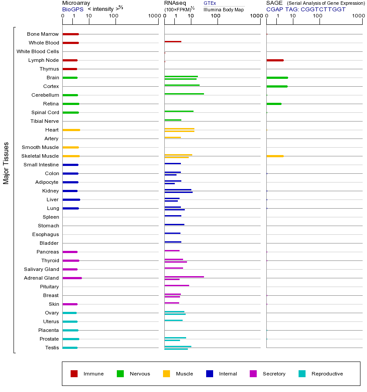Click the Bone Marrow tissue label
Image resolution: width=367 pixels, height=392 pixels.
click(x=43, y=34)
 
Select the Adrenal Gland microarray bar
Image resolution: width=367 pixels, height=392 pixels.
click(x=72, y=278)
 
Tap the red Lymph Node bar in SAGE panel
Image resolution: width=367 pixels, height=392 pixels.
click(x=275, y=60)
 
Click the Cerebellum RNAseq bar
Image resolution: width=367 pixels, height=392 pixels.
click(x=184, y=94)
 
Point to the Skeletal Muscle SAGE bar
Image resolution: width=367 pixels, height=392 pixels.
click(x=275, y=156)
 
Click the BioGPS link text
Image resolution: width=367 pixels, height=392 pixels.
click(x=72, y=9)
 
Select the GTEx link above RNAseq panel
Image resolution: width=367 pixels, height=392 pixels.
click(x=210, y=3)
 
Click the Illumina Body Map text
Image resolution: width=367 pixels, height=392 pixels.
click(x=224, y=10)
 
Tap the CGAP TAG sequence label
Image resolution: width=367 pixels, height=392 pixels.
click(x=306, y=9)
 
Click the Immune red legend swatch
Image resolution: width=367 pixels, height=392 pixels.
click(x=74, y=374)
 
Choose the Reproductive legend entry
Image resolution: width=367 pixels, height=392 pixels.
click(x=327, y=374)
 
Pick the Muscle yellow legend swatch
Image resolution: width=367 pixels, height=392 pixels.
click(x=167, y=374)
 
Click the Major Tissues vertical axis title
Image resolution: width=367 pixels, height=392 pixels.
click(x=6, y=163)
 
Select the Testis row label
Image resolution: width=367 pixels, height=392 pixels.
click(x=52, y=348)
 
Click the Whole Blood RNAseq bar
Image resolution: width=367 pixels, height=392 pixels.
click(x=173, y=41)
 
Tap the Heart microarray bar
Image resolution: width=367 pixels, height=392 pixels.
click(x=71, y=130)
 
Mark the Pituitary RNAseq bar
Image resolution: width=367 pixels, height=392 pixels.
click(x=177, y=285)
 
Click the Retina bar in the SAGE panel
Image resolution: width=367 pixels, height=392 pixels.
click(x=274, y=104)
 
